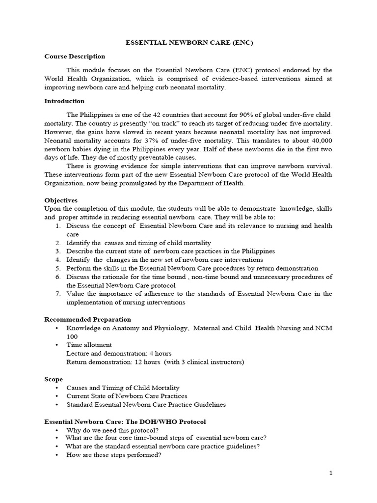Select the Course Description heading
point(75,56)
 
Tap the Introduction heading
point(64,101)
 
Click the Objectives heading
point(61,200)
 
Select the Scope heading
point(54,380)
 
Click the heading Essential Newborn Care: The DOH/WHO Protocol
point(125,422)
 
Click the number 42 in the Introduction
point(166,114)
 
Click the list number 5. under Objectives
point(57,268)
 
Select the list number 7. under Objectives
point(57,294)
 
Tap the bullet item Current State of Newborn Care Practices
point(127,396)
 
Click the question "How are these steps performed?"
point(114,455)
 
